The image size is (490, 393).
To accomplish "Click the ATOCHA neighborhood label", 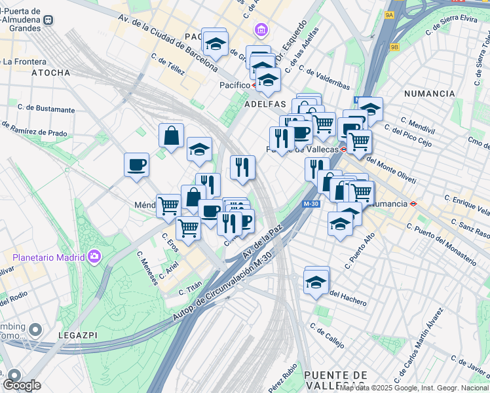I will click(x=50, y=73).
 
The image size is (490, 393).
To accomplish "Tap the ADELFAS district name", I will click(x=265, y=104).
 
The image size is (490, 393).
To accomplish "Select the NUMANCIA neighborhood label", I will click(x=429, y=94).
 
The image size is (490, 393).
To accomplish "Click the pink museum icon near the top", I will click(x=261, y=29).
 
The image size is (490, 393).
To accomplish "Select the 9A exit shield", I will click(x=390, y=14).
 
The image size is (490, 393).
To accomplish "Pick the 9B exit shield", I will click(x=394, y=47).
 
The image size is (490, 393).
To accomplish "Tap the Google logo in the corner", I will click(x=22, y=385).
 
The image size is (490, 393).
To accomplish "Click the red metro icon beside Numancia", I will click(x=414, y=204).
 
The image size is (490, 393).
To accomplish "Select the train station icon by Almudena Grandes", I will click(x=48, y=20).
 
